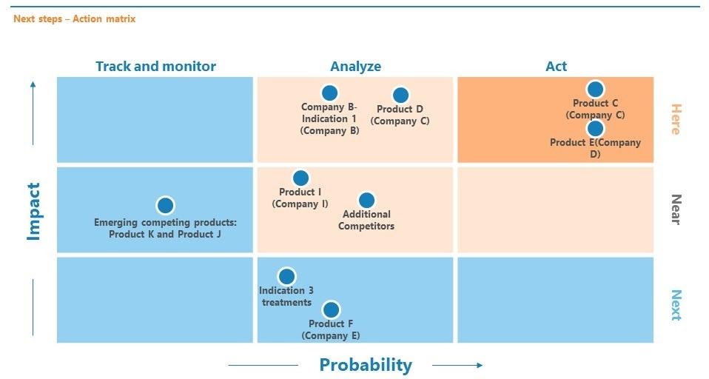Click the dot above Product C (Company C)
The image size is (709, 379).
pos(595,89)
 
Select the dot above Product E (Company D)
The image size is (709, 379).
pos(595,129)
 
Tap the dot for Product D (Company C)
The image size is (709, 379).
pos(400,95)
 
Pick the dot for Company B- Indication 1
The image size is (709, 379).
pos(329,93)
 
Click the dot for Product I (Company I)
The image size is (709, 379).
pos(300,178)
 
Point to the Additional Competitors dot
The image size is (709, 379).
pos(366,200)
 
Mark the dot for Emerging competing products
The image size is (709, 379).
pos(165,205)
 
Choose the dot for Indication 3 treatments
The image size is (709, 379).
pos(286,276)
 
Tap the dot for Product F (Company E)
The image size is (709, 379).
pos(331,310)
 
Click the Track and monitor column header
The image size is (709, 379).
pos(155,67)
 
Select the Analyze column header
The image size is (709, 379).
pos(355,67)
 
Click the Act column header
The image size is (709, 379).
pos(556,67)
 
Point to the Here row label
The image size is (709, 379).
pos(676,119)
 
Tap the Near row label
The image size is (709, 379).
pos(676,209)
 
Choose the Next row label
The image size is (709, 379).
pos(676,305)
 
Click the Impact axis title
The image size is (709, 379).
pos(34,211)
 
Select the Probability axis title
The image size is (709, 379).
pos(366,365)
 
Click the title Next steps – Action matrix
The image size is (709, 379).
pos(74,19)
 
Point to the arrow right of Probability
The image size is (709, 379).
pos(457,365)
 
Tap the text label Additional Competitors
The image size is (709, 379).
pos(366,220)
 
